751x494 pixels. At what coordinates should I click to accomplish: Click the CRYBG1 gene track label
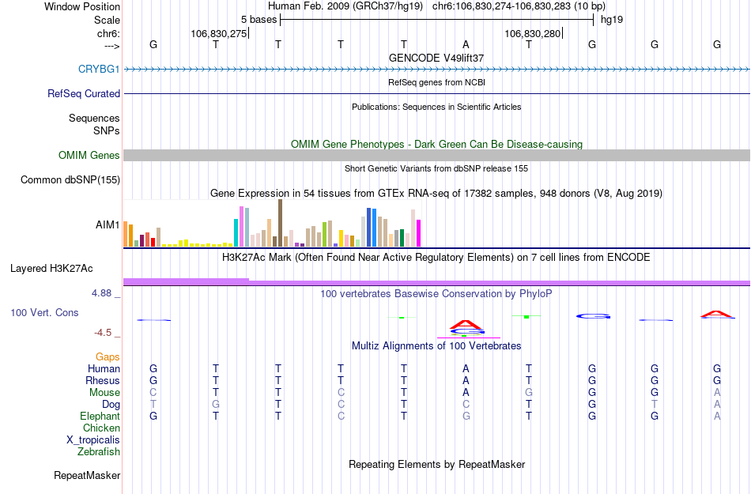tap(99, 69)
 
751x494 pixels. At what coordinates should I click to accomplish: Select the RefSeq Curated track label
tap(84, 93)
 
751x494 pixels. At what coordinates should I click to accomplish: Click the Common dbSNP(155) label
tap(70, 180)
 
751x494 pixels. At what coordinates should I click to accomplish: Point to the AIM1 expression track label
tap(108, 224)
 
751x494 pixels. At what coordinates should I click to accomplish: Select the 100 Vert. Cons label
tap(44, 313)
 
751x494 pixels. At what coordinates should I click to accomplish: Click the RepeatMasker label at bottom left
tap(87, 476)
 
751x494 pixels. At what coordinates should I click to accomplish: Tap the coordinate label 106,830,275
tap(219, 33)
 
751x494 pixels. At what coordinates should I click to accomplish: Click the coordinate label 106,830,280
tap(532, 33)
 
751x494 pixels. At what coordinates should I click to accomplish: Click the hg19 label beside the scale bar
tap(612, 19)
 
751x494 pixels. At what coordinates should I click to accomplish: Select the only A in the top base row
tap(466, 44)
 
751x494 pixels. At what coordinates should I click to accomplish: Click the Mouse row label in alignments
tap(104, 393)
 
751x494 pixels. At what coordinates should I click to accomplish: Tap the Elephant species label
tap(100, 417)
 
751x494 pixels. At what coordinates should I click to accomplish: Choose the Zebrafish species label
tap(99, 452)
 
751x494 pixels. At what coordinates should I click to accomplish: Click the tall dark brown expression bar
tap(280, 223)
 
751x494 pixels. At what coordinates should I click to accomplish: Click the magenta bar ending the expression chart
tap(419, 233)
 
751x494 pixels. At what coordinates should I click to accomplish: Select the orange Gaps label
tap(108, 357)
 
